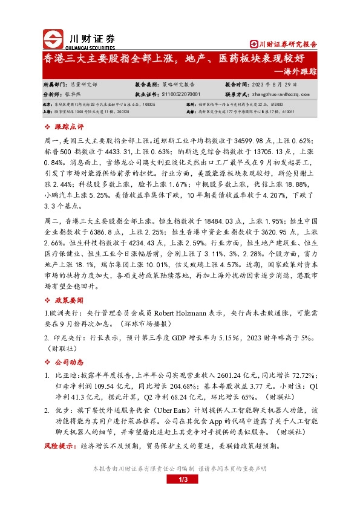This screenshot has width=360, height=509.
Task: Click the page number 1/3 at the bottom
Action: coord(180,479)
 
